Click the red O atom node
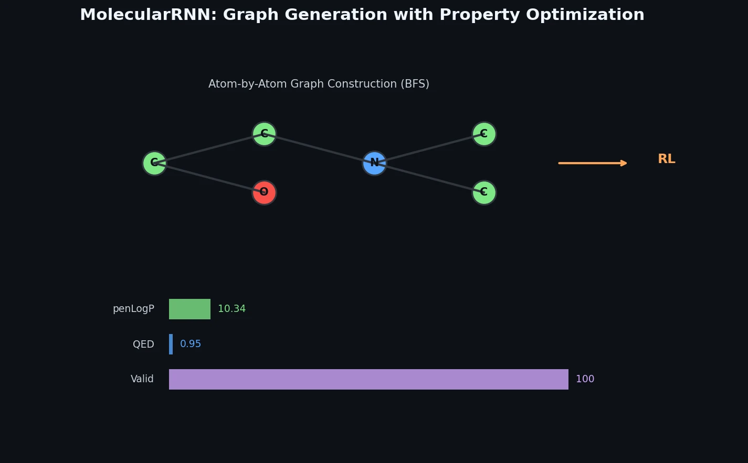tap(264, 192)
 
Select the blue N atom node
tap(374, 163)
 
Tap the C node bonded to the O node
tap(154, 163)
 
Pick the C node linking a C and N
tap(264, 134)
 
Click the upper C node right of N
tap(484, 134)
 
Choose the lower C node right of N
tap(484, 192)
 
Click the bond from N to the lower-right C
tap(429, 178)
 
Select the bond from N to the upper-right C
tap(429, 148)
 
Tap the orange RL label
tap(666, 159)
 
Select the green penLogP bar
tap(189, 309)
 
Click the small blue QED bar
tap(171, 344)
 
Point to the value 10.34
tap(231, 309)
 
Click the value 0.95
tap(191, 344)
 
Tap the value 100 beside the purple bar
tap(585, 379)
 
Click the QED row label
tap(143, 344)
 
